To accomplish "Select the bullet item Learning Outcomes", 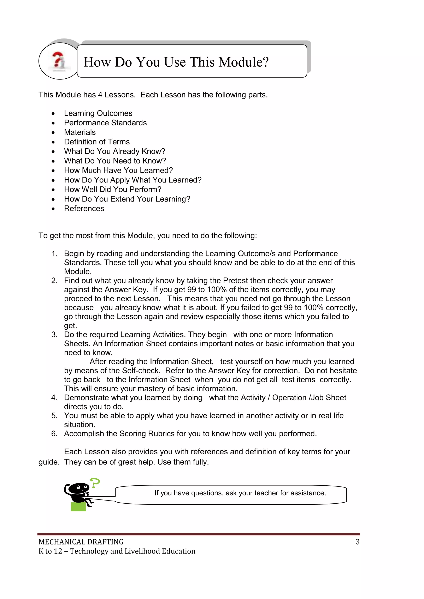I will pos(98,113).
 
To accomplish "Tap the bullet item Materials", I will pos(80,132).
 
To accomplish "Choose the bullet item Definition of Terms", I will pos(97,142).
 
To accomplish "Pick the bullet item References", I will pos(84,208).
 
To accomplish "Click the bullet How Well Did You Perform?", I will pos(113,189).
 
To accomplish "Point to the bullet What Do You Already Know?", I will pos(115,151).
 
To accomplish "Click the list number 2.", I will pos(54,281).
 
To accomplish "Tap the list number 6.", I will pos(54,434).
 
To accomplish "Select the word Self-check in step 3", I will pos(141,371).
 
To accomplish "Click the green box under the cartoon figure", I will pos(78,506).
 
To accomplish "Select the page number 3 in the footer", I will pos(357,542).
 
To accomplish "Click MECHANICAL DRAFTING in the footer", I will pos(81,542).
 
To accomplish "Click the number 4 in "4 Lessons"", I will pos(100,95).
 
